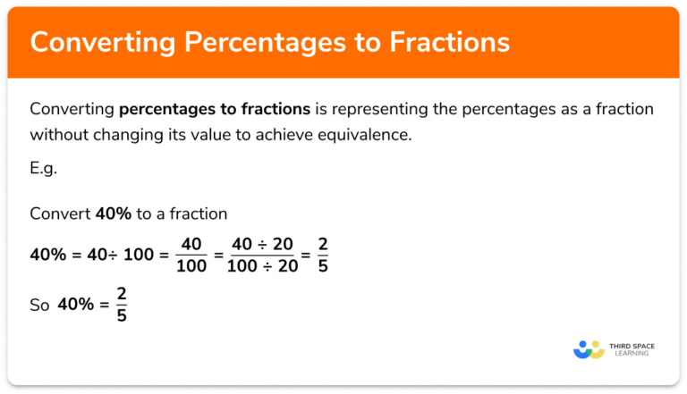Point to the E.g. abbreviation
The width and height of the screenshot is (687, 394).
click(x=43, y=169)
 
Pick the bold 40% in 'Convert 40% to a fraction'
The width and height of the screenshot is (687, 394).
click(x=113, y=214)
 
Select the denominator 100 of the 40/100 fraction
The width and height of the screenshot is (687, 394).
click(x=191, y=264)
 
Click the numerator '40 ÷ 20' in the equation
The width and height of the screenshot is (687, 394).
click(x=263, y=244)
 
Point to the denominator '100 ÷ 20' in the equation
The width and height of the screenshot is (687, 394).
click(x=263, y=264)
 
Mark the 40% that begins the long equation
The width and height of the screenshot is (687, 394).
click(x=47, y=255)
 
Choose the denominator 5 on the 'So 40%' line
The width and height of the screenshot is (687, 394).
click(x=121, y=315)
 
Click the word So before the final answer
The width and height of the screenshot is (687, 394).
click(x=39, y=306)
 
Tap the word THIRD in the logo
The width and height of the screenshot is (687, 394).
click(x=620, y=344)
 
